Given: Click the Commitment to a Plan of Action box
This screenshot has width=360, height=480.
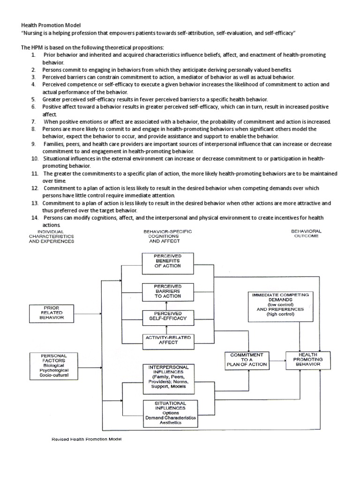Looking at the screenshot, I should coord(247,360).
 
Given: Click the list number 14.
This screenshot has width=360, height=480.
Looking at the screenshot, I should coord(35,218).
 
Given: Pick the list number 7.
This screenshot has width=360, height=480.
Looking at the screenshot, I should coord(34,122).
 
